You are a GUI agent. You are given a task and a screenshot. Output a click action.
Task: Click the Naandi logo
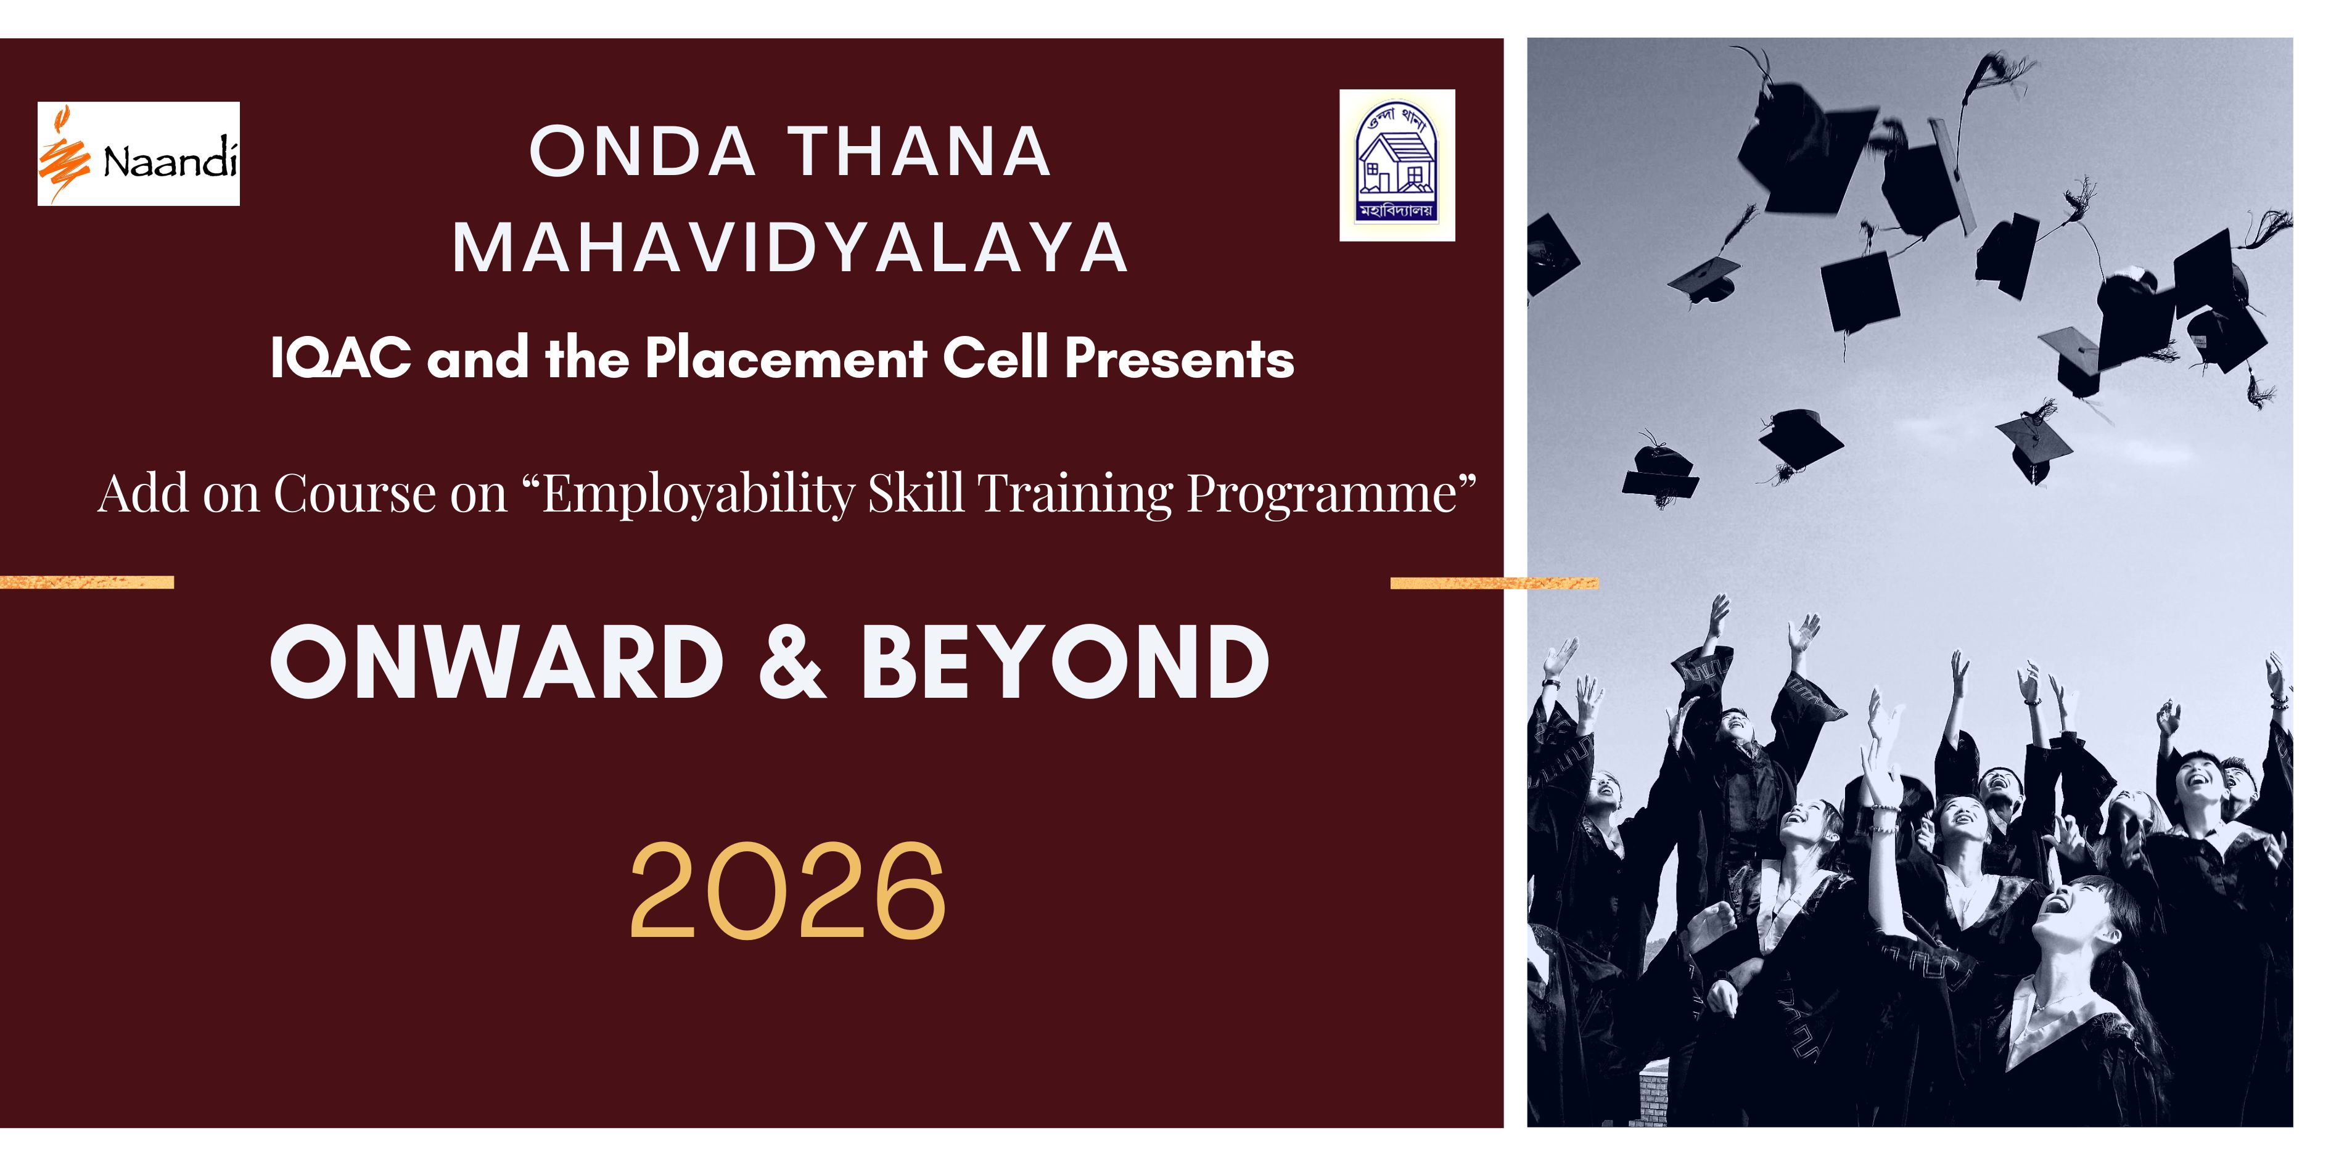pos(139,153)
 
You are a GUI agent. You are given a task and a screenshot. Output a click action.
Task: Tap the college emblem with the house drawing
pos(1397,166)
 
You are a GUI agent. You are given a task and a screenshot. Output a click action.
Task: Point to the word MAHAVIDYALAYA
pos(791,248)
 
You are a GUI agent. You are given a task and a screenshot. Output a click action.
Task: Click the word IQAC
pos(341,358)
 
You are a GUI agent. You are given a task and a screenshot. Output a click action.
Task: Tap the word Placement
pos(786,358)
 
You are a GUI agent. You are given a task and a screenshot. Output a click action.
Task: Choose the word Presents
pos(1179,358)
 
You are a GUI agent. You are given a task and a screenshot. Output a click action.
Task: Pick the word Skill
pos(916,493)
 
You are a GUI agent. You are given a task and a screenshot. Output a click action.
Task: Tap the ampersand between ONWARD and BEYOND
pos(792,662)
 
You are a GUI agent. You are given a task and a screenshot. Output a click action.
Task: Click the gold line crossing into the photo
pos(1494,583)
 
